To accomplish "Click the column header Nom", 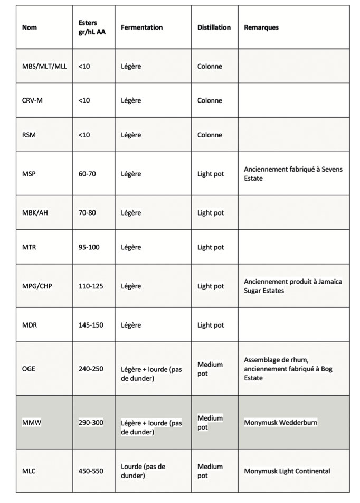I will [x=30, y=27].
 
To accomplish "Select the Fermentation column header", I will [x=141, y=27].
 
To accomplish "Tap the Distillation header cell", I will [x=214, y=27].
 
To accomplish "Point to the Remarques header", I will [x=261, y=27].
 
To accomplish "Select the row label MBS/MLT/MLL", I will [x=44, y=67].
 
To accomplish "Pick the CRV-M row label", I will [x=33, y=100].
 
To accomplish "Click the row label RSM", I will [x=30, y=135].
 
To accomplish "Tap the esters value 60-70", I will [x=87, y=174].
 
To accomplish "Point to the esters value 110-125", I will [x=91, y=286].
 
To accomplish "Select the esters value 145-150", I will [x=91, y=325].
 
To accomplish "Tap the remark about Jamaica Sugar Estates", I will [x=292, y=286].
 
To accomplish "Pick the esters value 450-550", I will [x=91, y=471].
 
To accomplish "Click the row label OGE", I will [x=29, y=369].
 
